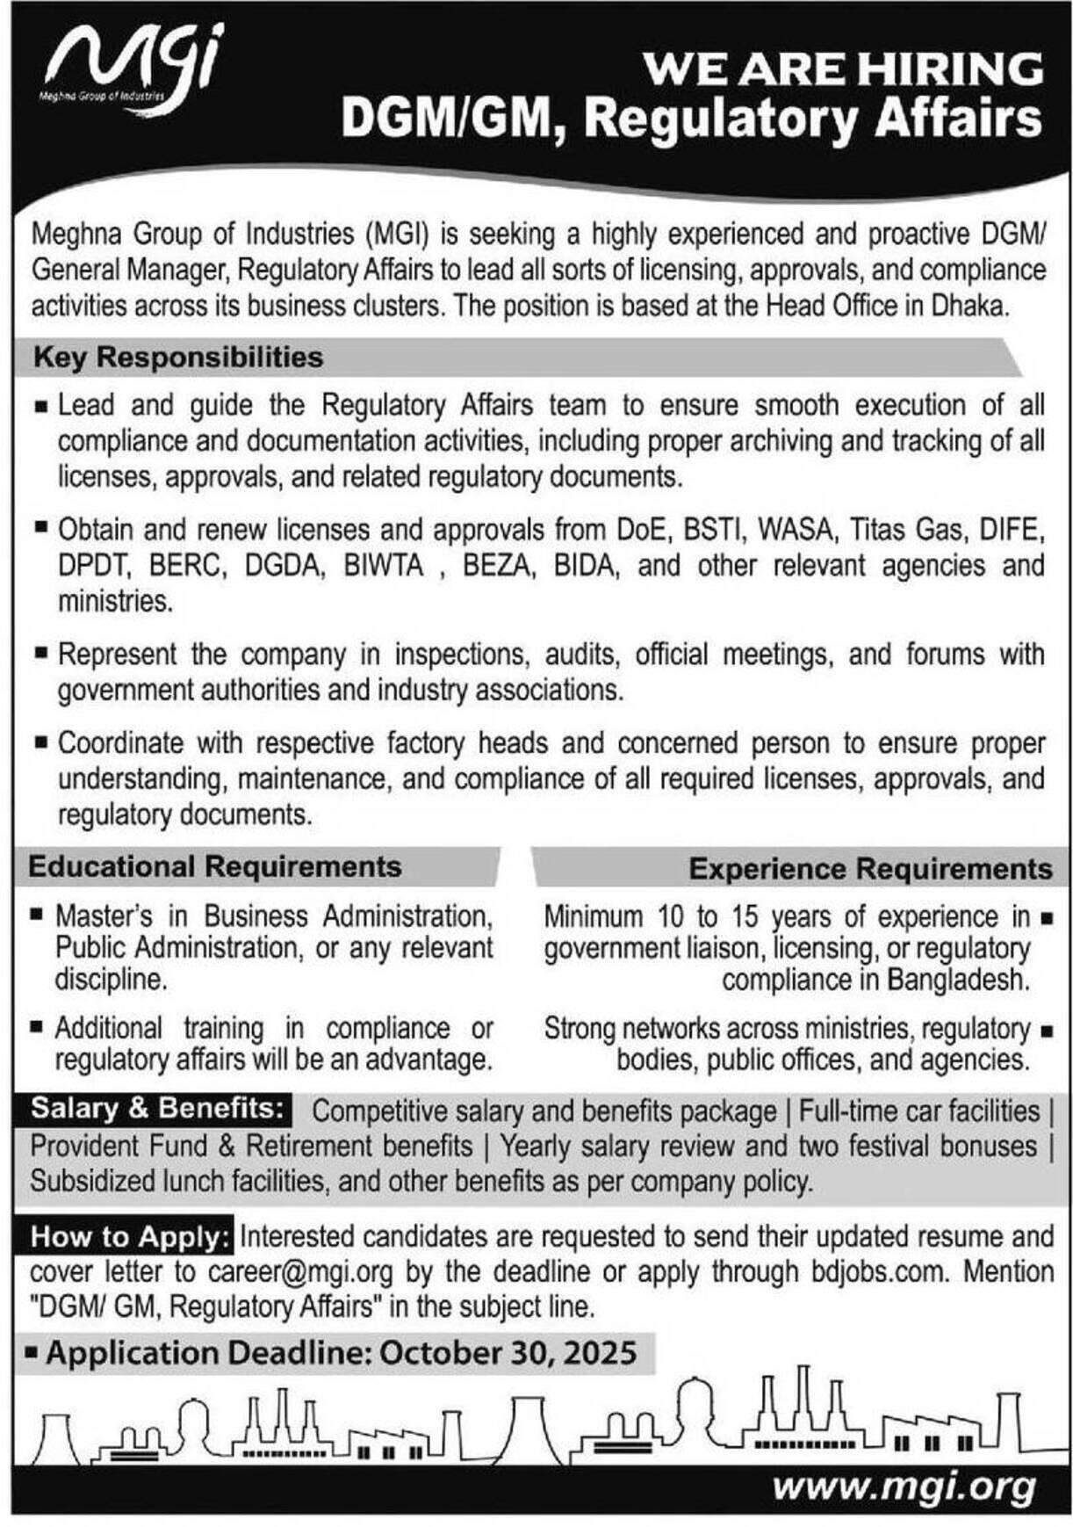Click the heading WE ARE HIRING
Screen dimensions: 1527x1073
[843, 69]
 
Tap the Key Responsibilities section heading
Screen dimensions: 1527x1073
[178, 358]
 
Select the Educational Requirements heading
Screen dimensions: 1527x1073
[215, 867]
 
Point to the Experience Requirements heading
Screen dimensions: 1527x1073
[870, 869]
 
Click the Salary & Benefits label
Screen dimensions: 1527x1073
[158, 1109]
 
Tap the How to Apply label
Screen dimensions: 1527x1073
[131, 1237]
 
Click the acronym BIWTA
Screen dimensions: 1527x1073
[385, 566]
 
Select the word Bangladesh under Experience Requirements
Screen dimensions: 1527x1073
[954, 981]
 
